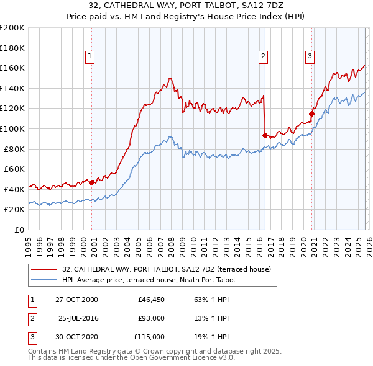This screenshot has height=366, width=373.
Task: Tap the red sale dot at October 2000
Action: click(x=92, y=182)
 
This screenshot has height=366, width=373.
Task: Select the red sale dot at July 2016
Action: click(x=265, y=135)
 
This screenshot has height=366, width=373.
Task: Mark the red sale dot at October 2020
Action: click(x=312, y=113)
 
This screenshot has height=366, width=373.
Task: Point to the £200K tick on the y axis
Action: click(x=12, y=28)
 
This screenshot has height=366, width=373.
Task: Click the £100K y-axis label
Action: click(x=12, y=128)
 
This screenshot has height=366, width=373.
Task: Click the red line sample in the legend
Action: click(x=44, y=270)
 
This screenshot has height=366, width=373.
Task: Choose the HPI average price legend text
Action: click(x=150, y=280)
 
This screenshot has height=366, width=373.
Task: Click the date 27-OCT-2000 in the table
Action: click(x=76, y=300)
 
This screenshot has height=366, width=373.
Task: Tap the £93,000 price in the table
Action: click(x=151, y=318)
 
